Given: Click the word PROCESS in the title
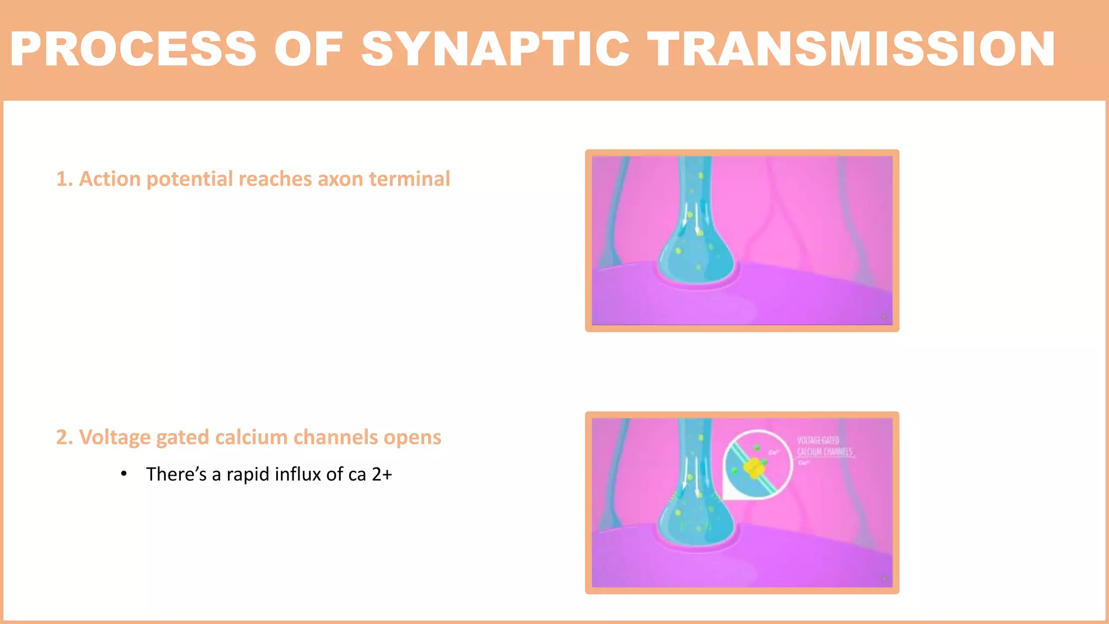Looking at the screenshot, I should tap(133, 49).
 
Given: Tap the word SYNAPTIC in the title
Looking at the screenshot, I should tap(495, 49).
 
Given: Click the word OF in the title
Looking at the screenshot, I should tap(308, 49).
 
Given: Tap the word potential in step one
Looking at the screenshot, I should tap(190, 179).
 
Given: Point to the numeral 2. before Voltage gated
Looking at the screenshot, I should tap(64, 438).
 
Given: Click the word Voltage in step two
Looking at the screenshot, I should tap(114, 438).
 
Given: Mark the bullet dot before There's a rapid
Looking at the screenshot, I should tap(124, 474).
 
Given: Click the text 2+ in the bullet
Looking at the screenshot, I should tap(381, 474).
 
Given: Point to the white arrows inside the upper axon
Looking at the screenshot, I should tap(693, 217).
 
